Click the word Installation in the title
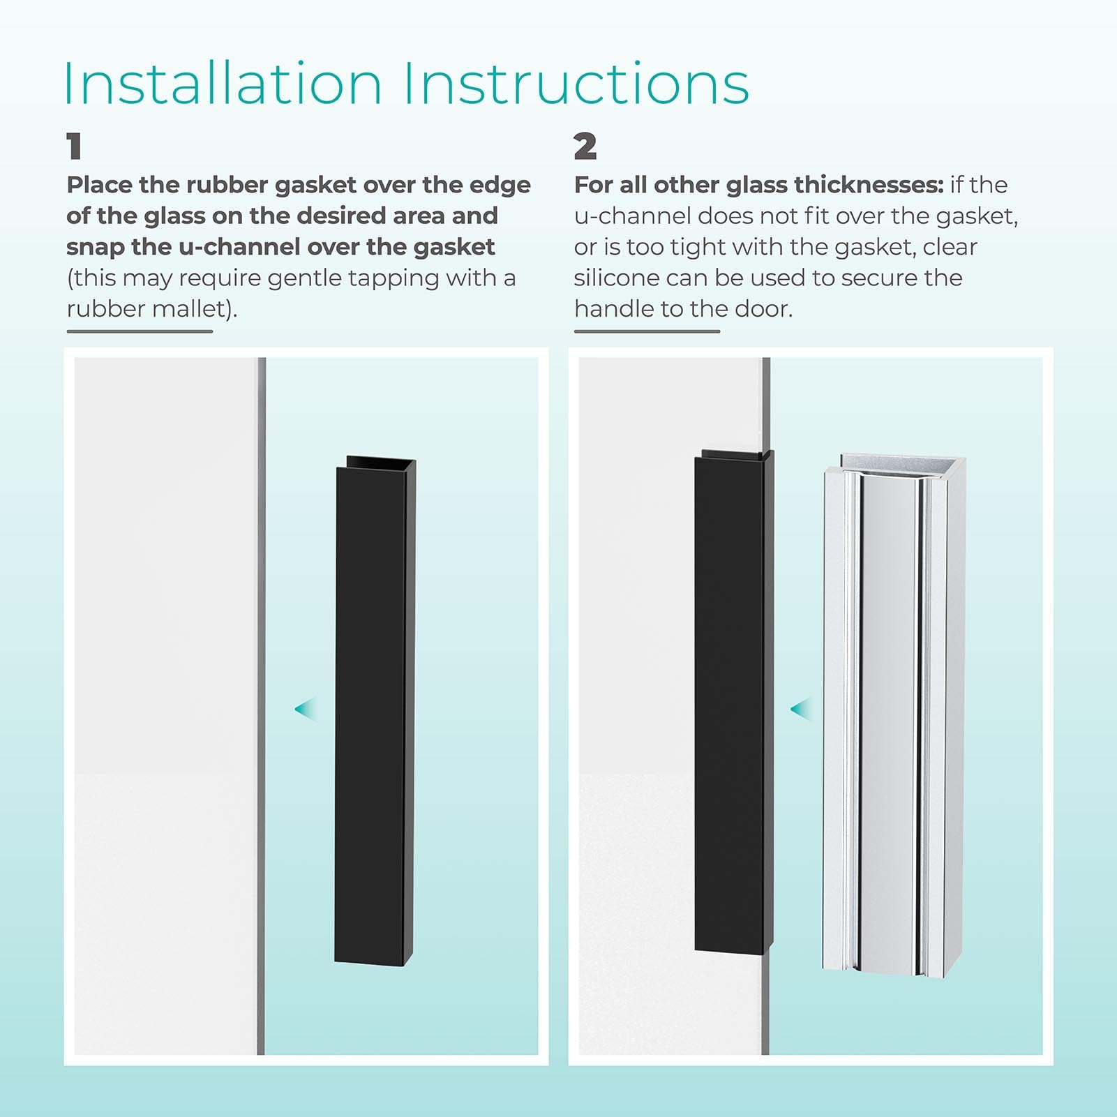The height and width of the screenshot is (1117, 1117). coord(222,84)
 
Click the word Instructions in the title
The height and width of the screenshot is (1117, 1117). coord(576,84)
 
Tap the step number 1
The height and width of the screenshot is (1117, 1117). coord(74,147)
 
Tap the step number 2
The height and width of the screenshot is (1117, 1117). coord(585,147)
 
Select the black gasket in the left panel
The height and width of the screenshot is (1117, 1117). coord(375,719)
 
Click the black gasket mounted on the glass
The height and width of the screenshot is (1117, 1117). coord(730,705)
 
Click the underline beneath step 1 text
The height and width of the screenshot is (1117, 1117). coord(140,331)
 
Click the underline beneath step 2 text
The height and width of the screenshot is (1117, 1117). coord(647,331)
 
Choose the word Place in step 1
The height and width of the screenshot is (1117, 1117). coord(99,185)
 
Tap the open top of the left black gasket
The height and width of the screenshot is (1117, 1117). coord(380,462)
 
